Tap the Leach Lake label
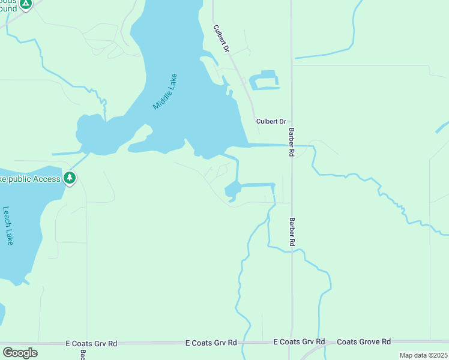(8, 226)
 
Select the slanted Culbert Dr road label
(221, 38)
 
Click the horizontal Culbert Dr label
(271, 121)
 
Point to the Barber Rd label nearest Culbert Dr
(291, 142)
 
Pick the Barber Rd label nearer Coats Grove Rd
(292, 232)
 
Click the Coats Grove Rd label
(364, 341)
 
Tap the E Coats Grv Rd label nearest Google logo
(91, 344)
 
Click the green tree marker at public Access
(70, 178)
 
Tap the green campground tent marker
(25, 4)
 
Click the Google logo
(20, 352)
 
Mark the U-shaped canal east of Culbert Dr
(265, 81)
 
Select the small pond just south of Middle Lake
(232, 191)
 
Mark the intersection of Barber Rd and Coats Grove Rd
(291, 343)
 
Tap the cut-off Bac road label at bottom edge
(83, 355)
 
